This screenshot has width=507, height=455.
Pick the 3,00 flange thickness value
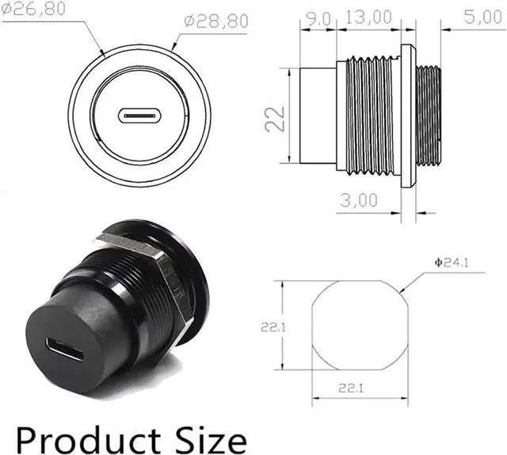(357, 200)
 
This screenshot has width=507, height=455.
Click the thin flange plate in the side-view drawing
(407, 115)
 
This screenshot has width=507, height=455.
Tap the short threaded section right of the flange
(429, 115)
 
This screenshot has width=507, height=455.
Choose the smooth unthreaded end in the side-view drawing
(316, 115)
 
